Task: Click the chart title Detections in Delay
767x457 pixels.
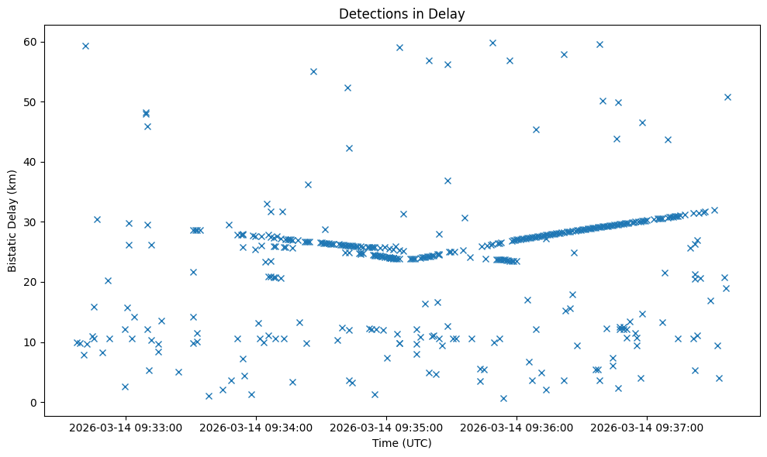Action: click(x=402, y=13)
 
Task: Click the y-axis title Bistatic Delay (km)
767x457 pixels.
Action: click(x=12, y=221)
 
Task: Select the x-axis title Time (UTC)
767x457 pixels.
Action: click(x=402, y=443)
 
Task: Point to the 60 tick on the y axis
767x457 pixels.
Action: click(x=33, y=42)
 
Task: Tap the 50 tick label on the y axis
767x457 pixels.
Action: click(x=33, y=102)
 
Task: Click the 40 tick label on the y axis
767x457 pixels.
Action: click(x=33, y=162)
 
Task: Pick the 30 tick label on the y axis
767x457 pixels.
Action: click(x=33, y=222)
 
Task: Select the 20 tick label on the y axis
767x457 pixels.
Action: click(x=33, y=282)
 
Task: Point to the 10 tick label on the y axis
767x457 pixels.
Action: click(x=33, y=342)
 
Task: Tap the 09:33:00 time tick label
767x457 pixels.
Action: click(x=126, y=427)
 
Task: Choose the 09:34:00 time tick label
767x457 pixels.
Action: click(x=257, y=427)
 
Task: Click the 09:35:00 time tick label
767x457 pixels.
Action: click(x=387, y=427)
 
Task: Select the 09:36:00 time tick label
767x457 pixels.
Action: click(x=517, y=427)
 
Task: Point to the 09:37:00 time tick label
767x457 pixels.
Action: click(x=648, y=427)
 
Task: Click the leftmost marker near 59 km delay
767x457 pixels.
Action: click(x=85, y=46)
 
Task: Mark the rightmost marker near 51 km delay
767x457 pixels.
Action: click(x=727, y=97)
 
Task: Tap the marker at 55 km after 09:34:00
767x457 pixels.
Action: click(x=313, y=71)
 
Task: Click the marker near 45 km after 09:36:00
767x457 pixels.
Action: click(x=536, y=129)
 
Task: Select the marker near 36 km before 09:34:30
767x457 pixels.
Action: click(x=308, y=184)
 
